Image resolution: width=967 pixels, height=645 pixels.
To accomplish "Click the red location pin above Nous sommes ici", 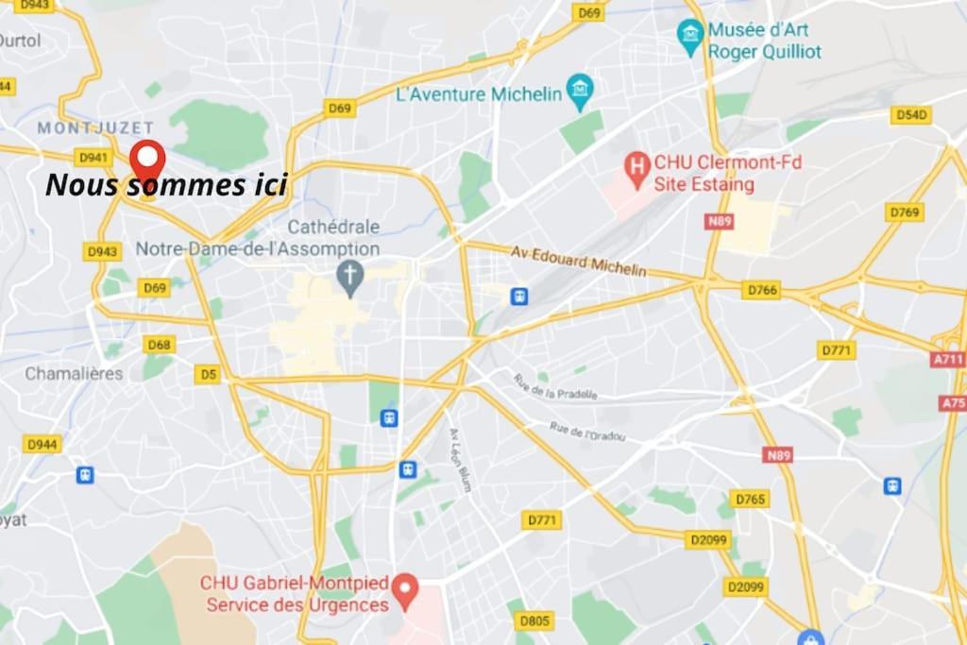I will (147, 160).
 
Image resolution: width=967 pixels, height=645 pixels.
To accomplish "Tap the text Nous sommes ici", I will (165, 185).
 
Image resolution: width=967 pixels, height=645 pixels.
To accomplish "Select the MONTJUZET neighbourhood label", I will (82, 127).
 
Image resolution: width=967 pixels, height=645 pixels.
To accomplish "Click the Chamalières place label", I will (74, 373).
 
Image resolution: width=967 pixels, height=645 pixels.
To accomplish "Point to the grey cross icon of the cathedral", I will (350, 277).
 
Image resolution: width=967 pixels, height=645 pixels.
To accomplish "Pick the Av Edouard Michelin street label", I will (579, 262).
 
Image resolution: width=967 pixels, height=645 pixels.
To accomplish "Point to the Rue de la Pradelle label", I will (556, 385).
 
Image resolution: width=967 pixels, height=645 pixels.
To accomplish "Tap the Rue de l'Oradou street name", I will (587, 433).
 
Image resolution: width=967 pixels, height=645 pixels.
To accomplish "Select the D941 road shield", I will (93, 157).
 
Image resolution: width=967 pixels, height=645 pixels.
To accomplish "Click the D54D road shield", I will (910, 115).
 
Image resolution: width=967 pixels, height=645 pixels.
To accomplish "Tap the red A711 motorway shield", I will (947, 360).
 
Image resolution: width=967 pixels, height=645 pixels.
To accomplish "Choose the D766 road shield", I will (761, 290).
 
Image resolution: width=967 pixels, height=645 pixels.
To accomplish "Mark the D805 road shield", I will (534, 620).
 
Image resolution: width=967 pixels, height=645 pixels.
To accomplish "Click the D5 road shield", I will (208, 375).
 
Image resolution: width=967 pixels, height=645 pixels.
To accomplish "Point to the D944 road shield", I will (42, 444).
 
